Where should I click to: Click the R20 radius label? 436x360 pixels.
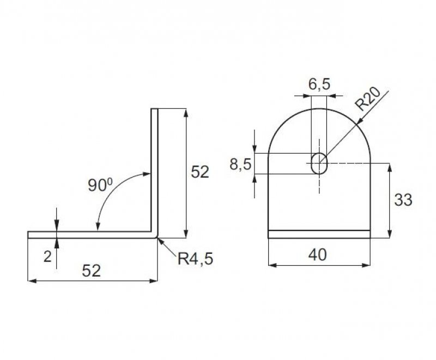click(x=368, y=99)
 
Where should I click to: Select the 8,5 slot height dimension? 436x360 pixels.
click(x=240, y=164)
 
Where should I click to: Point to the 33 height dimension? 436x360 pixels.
click(x=403, y=200)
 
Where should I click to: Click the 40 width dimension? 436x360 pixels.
click(x=318, y=254)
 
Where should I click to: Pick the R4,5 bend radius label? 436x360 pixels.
click(x=195, y=259)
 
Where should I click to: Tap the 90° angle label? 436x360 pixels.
click(x=100, y=185)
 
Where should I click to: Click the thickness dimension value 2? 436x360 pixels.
click(x=47, y=257)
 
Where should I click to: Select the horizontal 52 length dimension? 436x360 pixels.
click(x=91, y=271)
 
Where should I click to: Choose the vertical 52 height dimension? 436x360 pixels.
click(x=199, y=172)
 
